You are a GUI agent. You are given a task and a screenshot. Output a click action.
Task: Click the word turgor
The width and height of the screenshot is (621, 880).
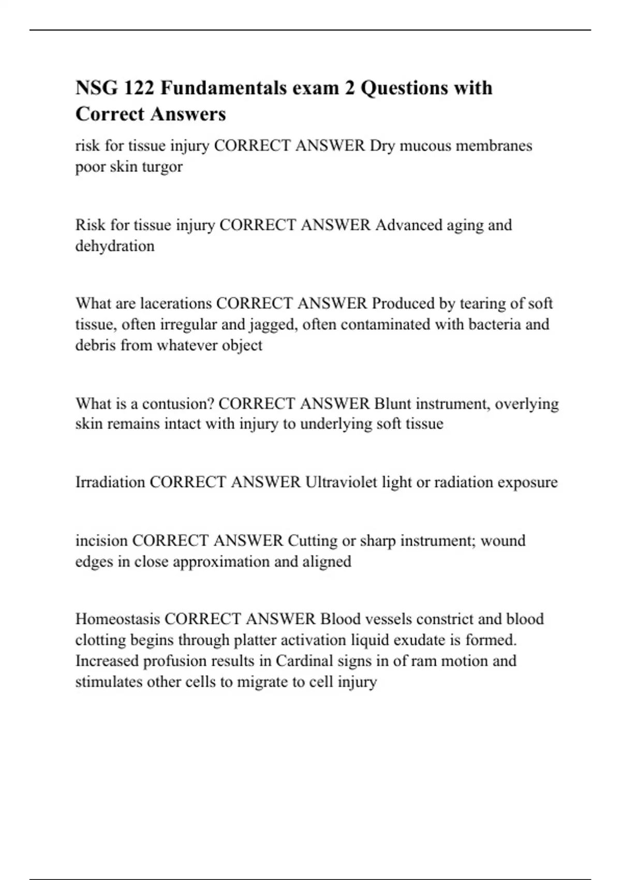click(x=162, y=167)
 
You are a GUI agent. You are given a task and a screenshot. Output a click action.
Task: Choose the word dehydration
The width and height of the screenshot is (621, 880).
click(x=115, y=245)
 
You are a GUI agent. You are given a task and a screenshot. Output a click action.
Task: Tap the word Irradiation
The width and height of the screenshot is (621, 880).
click(x=110, y=482)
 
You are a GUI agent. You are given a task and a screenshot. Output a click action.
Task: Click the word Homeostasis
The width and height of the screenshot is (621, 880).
click(x=117, y=619)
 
